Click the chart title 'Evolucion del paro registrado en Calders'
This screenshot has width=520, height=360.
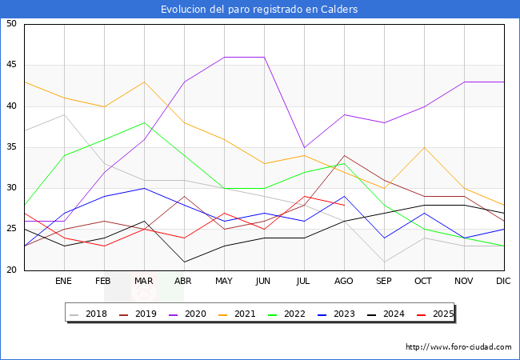tap(259, 10)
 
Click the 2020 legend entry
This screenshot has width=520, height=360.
tap(198, 314)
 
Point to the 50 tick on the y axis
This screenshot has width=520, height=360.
tap(11, 24)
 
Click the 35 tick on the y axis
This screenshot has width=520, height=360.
tap(11, 147)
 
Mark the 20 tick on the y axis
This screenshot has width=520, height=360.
tap(11, 270)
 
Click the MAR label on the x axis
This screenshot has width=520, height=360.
tap(144, 282)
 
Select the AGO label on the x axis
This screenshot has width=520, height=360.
tap(344, 282)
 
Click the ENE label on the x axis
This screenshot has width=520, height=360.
tap(64, 282)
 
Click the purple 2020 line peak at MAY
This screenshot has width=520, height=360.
tap(224, 57)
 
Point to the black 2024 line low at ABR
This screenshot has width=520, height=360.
tap(184, 262)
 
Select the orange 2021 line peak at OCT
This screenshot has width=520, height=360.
tap(424, 147)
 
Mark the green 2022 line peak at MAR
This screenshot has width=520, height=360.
tap(144, 122)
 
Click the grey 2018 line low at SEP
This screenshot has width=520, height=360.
tap(384, 262)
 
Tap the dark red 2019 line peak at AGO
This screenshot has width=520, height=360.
tap(344, 155)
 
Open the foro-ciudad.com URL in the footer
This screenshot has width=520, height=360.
tap(458, 347)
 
